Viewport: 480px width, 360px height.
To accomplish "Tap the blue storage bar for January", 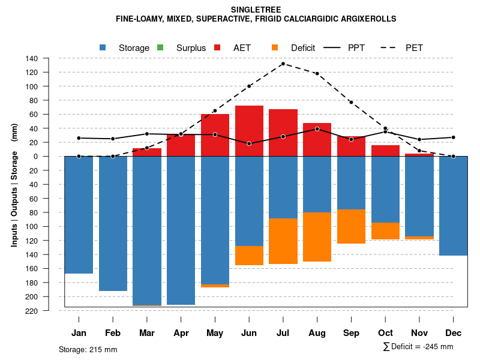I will tap(79, 215).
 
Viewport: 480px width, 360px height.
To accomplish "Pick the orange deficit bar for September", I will tap(352, 226).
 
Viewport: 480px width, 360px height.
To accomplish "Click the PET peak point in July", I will tap(283, 64).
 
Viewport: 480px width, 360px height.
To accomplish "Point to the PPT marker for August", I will tap(317, 129).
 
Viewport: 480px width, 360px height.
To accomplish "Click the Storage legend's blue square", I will tap(103, 47).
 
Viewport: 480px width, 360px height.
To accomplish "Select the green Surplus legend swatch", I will tap(160, 47).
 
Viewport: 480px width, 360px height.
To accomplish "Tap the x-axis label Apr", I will tap(181, 333).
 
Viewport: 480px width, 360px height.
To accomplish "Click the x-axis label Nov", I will tap(419, 333).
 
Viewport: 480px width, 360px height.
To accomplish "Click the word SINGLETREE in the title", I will tap(256, 10).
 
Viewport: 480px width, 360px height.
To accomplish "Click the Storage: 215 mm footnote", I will tap(88, 349).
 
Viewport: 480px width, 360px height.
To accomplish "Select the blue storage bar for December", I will tap(454, 206).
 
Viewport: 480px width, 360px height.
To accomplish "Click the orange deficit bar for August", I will tap(317, 237).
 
